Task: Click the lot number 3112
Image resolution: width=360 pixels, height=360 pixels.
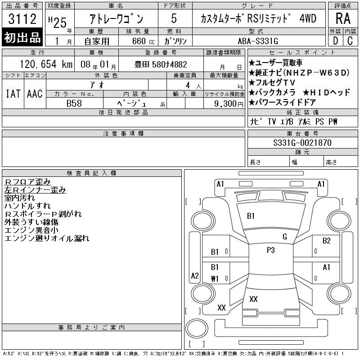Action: pos(22,18)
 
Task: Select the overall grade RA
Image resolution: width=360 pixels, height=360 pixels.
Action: pos(343,18)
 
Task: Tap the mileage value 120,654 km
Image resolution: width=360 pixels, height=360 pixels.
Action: pos(46,64)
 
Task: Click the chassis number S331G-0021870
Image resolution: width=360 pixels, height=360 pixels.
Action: pos(302,143)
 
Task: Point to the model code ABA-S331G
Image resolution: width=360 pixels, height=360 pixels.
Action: pos(258,41)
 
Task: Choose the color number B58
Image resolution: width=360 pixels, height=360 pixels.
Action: pos(74,103)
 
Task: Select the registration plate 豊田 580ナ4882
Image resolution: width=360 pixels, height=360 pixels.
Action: pos(161,64)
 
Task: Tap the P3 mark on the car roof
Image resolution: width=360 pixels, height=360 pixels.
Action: pos(271,250)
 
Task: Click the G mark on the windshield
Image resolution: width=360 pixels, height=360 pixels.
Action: pos(285,237)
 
